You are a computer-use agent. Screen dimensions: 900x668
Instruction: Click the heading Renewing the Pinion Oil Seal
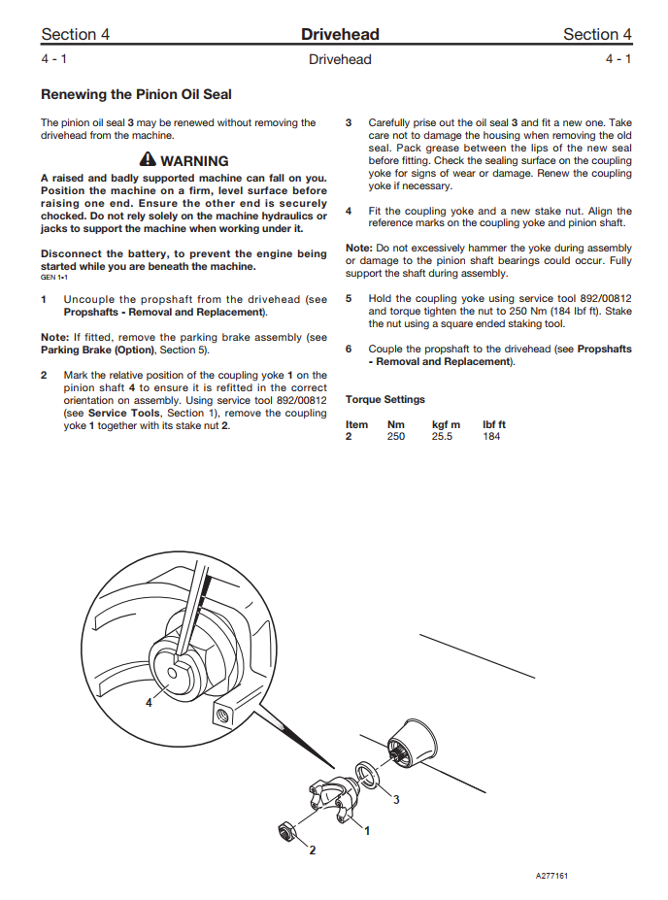click(x=136, y=95)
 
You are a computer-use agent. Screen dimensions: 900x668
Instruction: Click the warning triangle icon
click(x=148, y=160)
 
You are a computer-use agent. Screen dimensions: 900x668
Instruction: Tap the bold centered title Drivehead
click(x=340, y=35)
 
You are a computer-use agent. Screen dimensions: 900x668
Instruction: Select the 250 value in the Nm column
click(x=396, y=437)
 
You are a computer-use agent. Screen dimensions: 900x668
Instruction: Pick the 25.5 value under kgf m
click(x=443, y=437)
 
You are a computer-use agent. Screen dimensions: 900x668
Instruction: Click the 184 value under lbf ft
click(x=491, y=437)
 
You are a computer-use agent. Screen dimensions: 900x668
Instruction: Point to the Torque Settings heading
click(x=385, y=399)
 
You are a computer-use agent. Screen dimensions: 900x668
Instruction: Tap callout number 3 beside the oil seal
click(x=396, y=800)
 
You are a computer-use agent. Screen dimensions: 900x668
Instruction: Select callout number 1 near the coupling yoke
click(x=367, y=830)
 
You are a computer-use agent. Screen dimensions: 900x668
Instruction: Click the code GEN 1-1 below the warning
click(x=53, y=277)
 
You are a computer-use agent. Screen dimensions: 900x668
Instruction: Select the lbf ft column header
click(x=494, y=424)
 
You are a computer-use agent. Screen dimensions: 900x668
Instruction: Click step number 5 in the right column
click(x=350, y=299)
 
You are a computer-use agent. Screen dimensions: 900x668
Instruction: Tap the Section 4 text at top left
click(x=75, y=35)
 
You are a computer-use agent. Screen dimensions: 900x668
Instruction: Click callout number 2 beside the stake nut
click(x=312, y=850)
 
